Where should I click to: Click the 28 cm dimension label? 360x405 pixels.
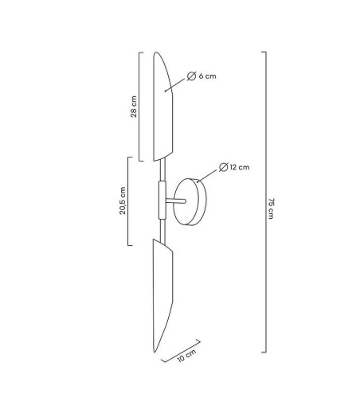click(134, 107)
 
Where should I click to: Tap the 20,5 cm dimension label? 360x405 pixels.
click(122, 201)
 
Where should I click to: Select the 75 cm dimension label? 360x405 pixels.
click(271, 208)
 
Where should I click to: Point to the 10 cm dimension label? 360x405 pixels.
click(186, 356)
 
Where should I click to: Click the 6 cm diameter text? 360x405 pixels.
click(207, 76)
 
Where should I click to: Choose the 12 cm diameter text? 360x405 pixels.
click(240, 167)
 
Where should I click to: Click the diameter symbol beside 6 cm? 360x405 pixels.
click(191, 76)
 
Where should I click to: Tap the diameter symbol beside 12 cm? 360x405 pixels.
click(224, 167)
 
